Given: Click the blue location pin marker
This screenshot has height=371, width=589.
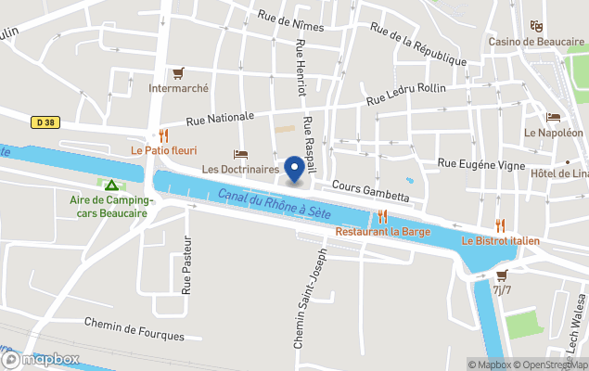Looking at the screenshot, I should click(x=294, y=168).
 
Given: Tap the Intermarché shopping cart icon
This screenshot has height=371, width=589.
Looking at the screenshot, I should click(x=178, y=73).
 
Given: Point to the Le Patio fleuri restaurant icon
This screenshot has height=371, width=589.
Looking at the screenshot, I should click(x=164, y=134).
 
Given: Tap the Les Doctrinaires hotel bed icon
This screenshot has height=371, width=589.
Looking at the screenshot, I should click(x=240, y=154).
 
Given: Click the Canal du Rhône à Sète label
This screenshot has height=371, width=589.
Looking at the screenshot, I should click(x=275, y=204).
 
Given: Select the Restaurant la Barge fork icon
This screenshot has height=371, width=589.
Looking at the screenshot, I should click(x=381, y=216).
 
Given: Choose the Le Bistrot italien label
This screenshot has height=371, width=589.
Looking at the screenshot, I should click(x=500, y=242).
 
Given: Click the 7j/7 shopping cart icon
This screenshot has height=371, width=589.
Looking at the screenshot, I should click(x=502, y=275).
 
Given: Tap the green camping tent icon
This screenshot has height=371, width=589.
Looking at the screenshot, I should click(x=111, y=185).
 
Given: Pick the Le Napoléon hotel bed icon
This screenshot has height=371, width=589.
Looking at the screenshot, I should click(x=554, y=117).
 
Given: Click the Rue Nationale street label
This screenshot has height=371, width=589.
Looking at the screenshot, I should click(x=220, y=118).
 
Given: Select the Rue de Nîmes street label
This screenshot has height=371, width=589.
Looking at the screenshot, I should click(x=291, y=20).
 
